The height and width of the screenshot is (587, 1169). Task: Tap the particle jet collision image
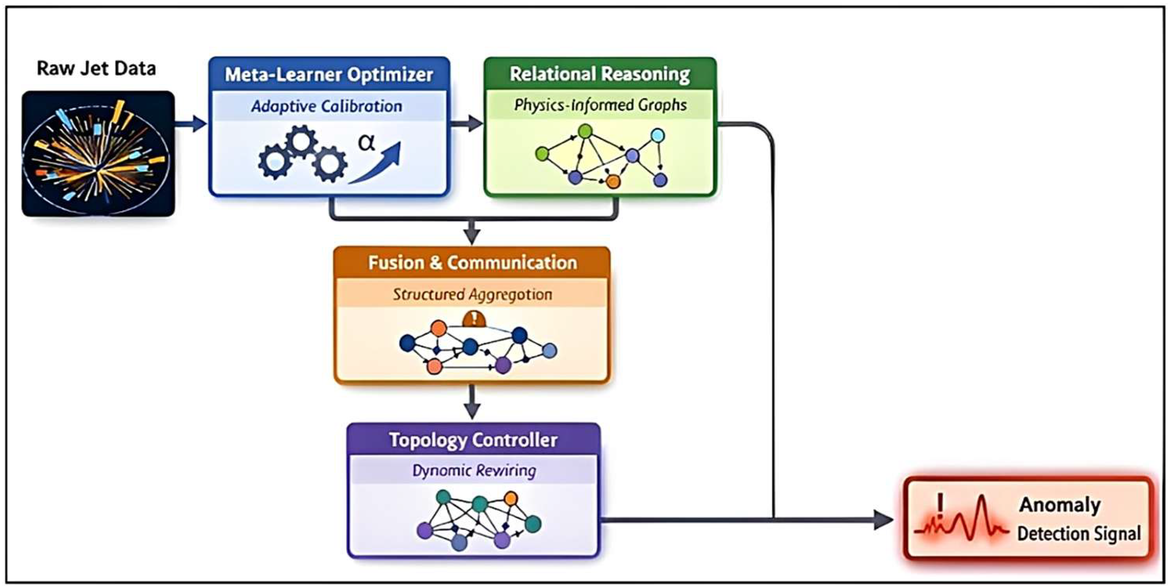98,153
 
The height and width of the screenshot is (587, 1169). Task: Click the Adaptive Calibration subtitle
327,106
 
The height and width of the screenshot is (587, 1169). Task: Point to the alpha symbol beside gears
366,142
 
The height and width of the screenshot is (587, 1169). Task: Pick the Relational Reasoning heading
599,74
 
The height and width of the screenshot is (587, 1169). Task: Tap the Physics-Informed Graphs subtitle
600,105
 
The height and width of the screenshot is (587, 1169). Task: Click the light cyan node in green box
658,135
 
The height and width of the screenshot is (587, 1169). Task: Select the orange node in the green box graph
613,182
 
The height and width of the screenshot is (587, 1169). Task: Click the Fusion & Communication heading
472,263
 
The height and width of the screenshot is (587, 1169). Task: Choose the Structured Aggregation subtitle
472,294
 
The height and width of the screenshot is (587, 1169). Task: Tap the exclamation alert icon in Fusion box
474,319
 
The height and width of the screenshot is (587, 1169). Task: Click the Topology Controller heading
473,440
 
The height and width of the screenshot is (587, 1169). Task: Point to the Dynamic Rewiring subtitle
474,470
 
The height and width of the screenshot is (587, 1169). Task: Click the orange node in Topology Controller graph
511,498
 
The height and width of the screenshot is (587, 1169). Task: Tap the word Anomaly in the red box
1059,505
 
